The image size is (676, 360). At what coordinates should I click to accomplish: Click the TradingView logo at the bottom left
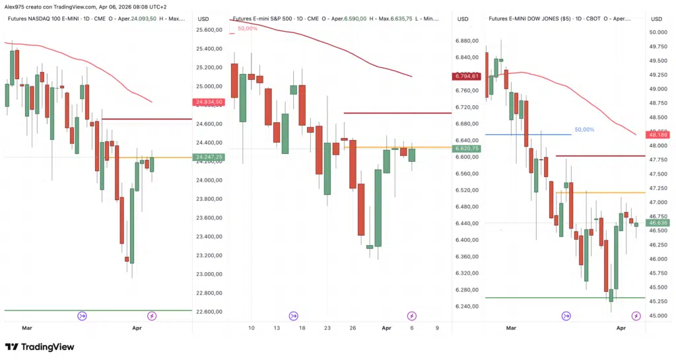pos(40,347)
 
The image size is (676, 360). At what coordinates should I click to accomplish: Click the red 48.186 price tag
pos(658,135)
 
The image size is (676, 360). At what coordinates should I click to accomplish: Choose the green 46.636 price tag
pos(658,223)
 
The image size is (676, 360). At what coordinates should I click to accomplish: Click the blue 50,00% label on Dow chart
pos(584,129)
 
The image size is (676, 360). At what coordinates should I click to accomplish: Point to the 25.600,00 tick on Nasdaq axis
pos(209,30)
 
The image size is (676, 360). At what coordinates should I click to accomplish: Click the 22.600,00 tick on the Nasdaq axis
pos(209,312)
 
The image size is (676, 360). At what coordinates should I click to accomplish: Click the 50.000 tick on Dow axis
pos(657,32)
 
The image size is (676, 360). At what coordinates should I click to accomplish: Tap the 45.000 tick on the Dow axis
pos(657,315)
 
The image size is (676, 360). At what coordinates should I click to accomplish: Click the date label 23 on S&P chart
pos(327,328)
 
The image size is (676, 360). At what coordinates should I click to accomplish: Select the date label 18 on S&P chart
pos(302,328)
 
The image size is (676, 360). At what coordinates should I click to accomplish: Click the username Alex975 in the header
pos(15,6)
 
